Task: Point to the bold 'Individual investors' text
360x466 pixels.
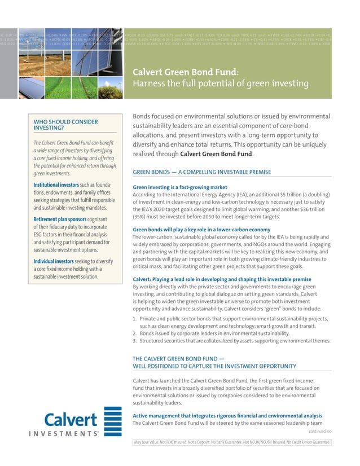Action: pyautogui.click(x=54, y=262)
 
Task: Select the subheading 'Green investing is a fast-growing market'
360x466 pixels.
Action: pyautogui.click(x=179, y=187)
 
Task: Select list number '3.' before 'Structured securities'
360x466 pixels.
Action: pyautogui.click(x=134, y=340)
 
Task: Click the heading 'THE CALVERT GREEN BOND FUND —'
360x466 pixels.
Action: pyautogui.click(x=179, y=358)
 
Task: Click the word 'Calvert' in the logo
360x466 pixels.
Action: pyautogui.click(x=71, y=420)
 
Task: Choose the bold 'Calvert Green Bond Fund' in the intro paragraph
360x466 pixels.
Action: pyautogui.click(x=220, y=154)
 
